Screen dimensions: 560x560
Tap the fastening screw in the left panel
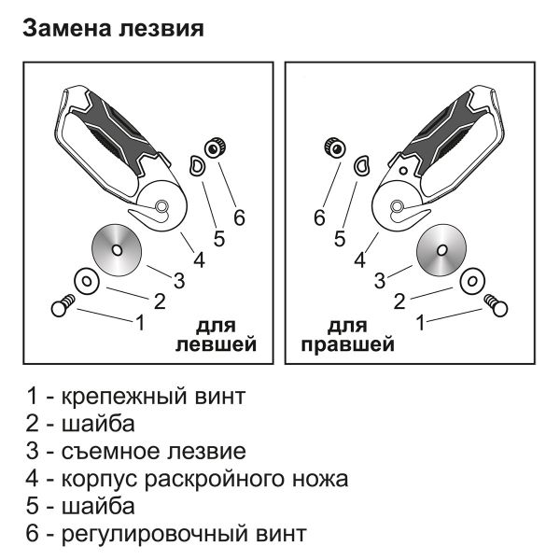pos(63,305)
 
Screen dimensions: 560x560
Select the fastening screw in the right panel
pos(495,305)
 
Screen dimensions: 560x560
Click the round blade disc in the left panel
pos(116,249)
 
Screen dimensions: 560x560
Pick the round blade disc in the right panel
pos(441,250)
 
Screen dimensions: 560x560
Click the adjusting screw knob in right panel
pos(332,146)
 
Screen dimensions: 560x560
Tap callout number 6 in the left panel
pos(239,217)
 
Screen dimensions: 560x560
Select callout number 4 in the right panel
pos(358,260)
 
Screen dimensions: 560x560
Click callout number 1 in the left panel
pos(140,323)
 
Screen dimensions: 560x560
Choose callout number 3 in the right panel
pos(380,279)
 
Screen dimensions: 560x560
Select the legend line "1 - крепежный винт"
pos(136,397)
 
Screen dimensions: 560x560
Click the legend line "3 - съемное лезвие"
pos(136,452)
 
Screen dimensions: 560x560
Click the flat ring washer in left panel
pos(85,279)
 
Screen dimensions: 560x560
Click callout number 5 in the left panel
pos(218,239)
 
